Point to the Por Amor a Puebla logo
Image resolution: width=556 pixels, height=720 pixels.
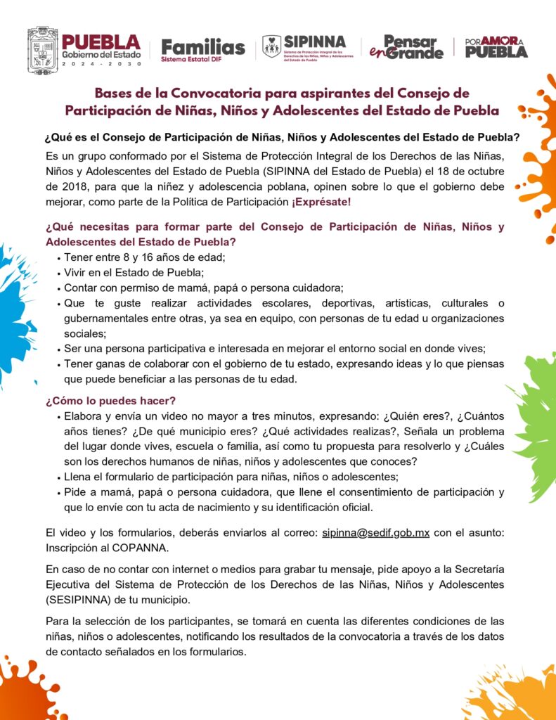click(496, 47)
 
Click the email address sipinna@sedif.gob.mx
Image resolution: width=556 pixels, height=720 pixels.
click(376, 532)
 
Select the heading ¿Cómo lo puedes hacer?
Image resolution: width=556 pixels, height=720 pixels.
click(110, 401)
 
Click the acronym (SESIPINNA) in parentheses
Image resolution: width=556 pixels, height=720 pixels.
click(80, 601)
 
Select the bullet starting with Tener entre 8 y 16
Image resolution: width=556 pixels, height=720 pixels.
click(145, 257)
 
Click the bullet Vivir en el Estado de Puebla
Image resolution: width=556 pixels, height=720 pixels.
click(134, 272)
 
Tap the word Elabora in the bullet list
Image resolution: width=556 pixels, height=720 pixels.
click(84, 416)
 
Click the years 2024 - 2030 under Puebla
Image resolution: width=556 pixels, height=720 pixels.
click(101, 63)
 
